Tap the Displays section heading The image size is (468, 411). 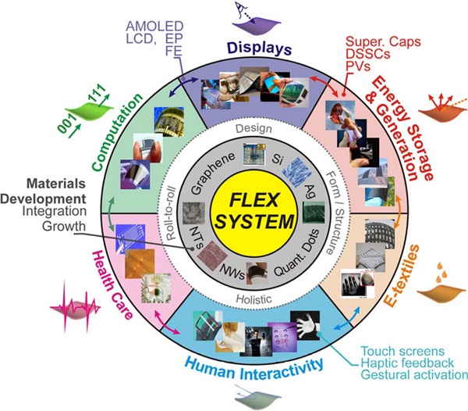click(260, 48)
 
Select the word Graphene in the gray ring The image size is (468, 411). click(213, 173)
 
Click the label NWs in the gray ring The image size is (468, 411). click(232, 272)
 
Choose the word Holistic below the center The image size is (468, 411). click(253, 299)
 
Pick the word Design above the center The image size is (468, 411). click(253, 128)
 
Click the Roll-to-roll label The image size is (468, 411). click(172, 214)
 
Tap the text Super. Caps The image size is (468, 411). click(383, 42)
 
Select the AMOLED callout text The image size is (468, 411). click(154, 27)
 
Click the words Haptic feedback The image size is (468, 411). click(407, 363)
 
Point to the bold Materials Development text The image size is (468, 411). click(43, 191)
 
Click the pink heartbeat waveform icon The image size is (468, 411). click(75, 308)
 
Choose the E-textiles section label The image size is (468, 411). click(402, 276)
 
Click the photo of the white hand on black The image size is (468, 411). click(305, 325)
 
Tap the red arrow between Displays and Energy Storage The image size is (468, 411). click(324, 86)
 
